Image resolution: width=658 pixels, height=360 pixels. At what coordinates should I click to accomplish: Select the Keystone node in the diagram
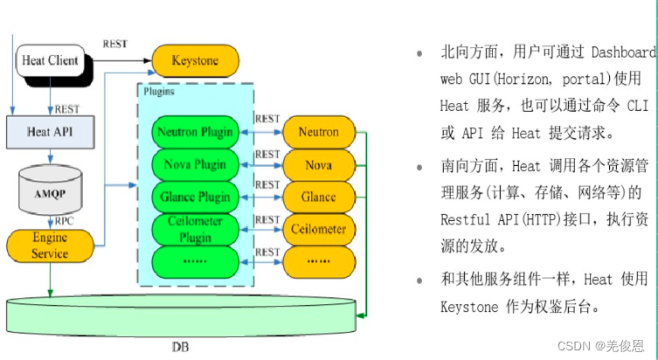[196, 61]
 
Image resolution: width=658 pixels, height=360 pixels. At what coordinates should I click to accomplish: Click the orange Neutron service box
[319, 133]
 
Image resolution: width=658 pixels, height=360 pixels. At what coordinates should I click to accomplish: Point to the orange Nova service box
[319, 164]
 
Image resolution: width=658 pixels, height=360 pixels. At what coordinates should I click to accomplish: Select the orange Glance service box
[319, 197]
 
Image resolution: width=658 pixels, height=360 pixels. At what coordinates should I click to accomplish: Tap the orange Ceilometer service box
[319, 229]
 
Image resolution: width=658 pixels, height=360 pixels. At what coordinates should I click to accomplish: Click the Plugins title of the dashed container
[157, 91]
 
